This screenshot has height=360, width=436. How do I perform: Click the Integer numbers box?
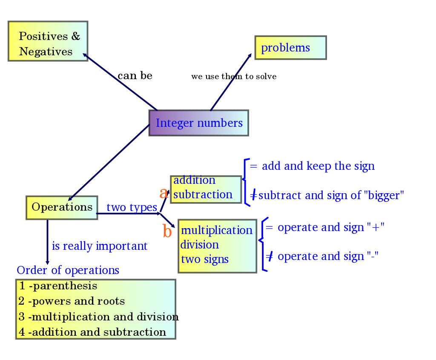[x=198, y=123]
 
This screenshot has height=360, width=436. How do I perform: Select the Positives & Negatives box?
[x=48, y=41]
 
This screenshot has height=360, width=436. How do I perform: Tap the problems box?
[x=290, y=48]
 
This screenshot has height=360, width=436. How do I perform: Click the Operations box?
[x=62, y=208]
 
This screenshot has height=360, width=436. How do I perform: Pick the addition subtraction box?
[x=206, y=189]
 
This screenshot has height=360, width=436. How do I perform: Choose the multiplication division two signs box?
[x=217, y=246]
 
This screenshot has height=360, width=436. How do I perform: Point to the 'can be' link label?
[x=135, y=76]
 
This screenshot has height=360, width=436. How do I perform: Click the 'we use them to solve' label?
[x=234, y=77]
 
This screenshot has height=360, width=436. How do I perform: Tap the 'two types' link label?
[x=132, y=208]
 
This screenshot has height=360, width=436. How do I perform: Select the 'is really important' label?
[x=100, y=246]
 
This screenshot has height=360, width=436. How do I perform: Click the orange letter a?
[x=163, y=193]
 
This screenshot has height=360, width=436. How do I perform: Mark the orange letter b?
[x=167, y=232]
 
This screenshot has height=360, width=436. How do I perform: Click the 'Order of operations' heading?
[x=68, y=270]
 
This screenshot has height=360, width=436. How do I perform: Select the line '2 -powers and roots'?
[x=72, y=302]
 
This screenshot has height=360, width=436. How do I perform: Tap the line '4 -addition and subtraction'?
[x=92, y=332]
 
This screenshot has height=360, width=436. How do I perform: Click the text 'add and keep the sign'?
[x=318, y=166]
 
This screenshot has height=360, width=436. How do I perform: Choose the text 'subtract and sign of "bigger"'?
[x=331, y=196]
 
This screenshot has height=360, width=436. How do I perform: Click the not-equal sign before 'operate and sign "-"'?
[x=270, y=256]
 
